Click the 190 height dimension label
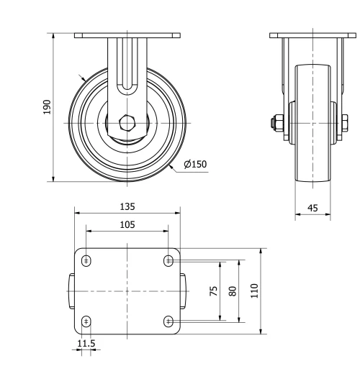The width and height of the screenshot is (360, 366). pos(47,107)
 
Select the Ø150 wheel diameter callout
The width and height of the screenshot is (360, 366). pos(194,165)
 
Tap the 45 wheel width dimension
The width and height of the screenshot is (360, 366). pos(312,208)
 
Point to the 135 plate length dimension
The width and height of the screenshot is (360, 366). pos(127,206)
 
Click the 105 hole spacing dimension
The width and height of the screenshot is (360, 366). pos(127,224)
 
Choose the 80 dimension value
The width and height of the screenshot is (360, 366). pos(232,290)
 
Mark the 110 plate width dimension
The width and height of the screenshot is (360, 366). pos(254,290)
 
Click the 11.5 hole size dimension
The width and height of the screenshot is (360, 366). pos(86,344)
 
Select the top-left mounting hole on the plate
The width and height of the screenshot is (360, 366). pos(86,260)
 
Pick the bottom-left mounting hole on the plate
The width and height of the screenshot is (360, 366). pos(86,321)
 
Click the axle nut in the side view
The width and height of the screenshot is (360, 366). pos(277,123)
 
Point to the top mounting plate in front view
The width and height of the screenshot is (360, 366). pos(127,35)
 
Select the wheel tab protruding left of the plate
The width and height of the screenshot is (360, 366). pos(71,290)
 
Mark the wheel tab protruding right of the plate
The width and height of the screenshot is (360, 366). pos(184,290)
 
